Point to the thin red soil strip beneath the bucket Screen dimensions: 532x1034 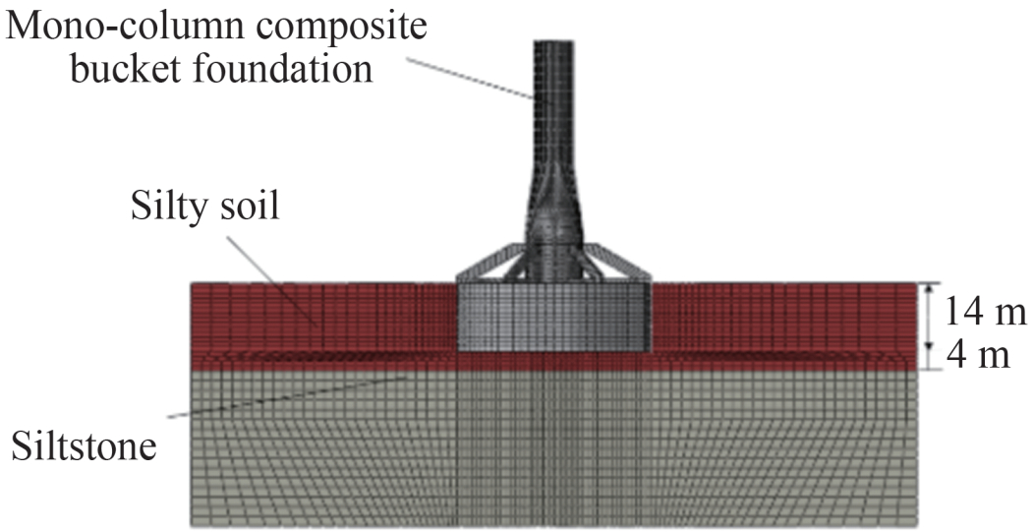554,361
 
